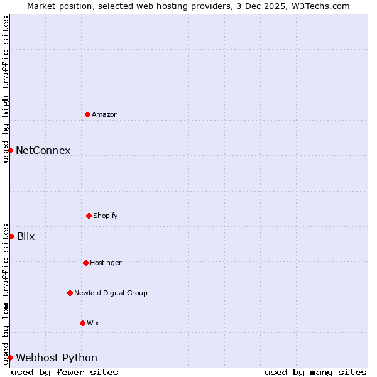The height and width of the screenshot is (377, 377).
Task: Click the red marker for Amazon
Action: click(x=87, y=114)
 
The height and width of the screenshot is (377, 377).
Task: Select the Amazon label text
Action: click(x=104, y=114)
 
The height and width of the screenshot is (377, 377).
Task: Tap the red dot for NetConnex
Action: click(x=10, y=150)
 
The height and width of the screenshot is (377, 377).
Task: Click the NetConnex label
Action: click(x=43, y=150)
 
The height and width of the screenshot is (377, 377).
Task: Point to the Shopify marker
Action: click(x=89, y=216)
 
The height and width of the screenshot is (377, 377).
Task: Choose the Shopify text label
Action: click(x=105, y=216)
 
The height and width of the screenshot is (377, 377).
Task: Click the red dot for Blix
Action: click(x=11, y=236)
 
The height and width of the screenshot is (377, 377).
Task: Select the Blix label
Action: click(x=26, y=236)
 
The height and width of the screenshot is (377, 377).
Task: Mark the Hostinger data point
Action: click(x=85, y=263)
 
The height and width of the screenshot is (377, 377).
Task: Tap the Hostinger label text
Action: click(x=106, y=263)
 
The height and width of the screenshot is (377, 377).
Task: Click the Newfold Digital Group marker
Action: click(x=70, y=293)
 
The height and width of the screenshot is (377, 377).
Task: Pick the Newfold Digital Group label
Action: click(x=111, y=293)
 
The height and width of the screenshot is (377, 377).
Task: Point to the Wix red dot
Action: click(x=82, y=323)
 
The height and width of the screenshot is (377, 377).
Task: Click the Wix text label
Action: click(x=92, y=323)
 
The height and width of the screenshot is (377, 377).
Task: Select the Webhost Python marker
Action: click(x=10, y=358)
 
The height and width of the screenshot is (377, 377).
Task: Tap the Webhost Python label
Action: click(x=57, y=358)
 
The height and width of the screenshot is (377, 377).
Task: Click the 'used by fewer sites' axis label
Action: click(x=65, y=372)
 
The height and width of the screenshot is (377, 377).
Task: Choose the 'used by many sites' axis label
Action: click(x=315, y=372)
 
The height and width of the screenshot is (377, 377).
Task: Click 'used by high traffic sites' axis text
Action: click(x=6, y=89)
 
